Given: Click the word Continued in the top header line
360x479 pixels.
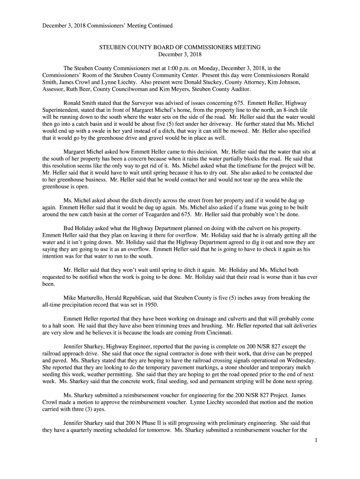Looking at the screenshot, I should click(158, 25).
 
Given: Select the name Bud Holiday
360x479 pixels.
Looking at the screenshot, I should click(76, 228).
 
